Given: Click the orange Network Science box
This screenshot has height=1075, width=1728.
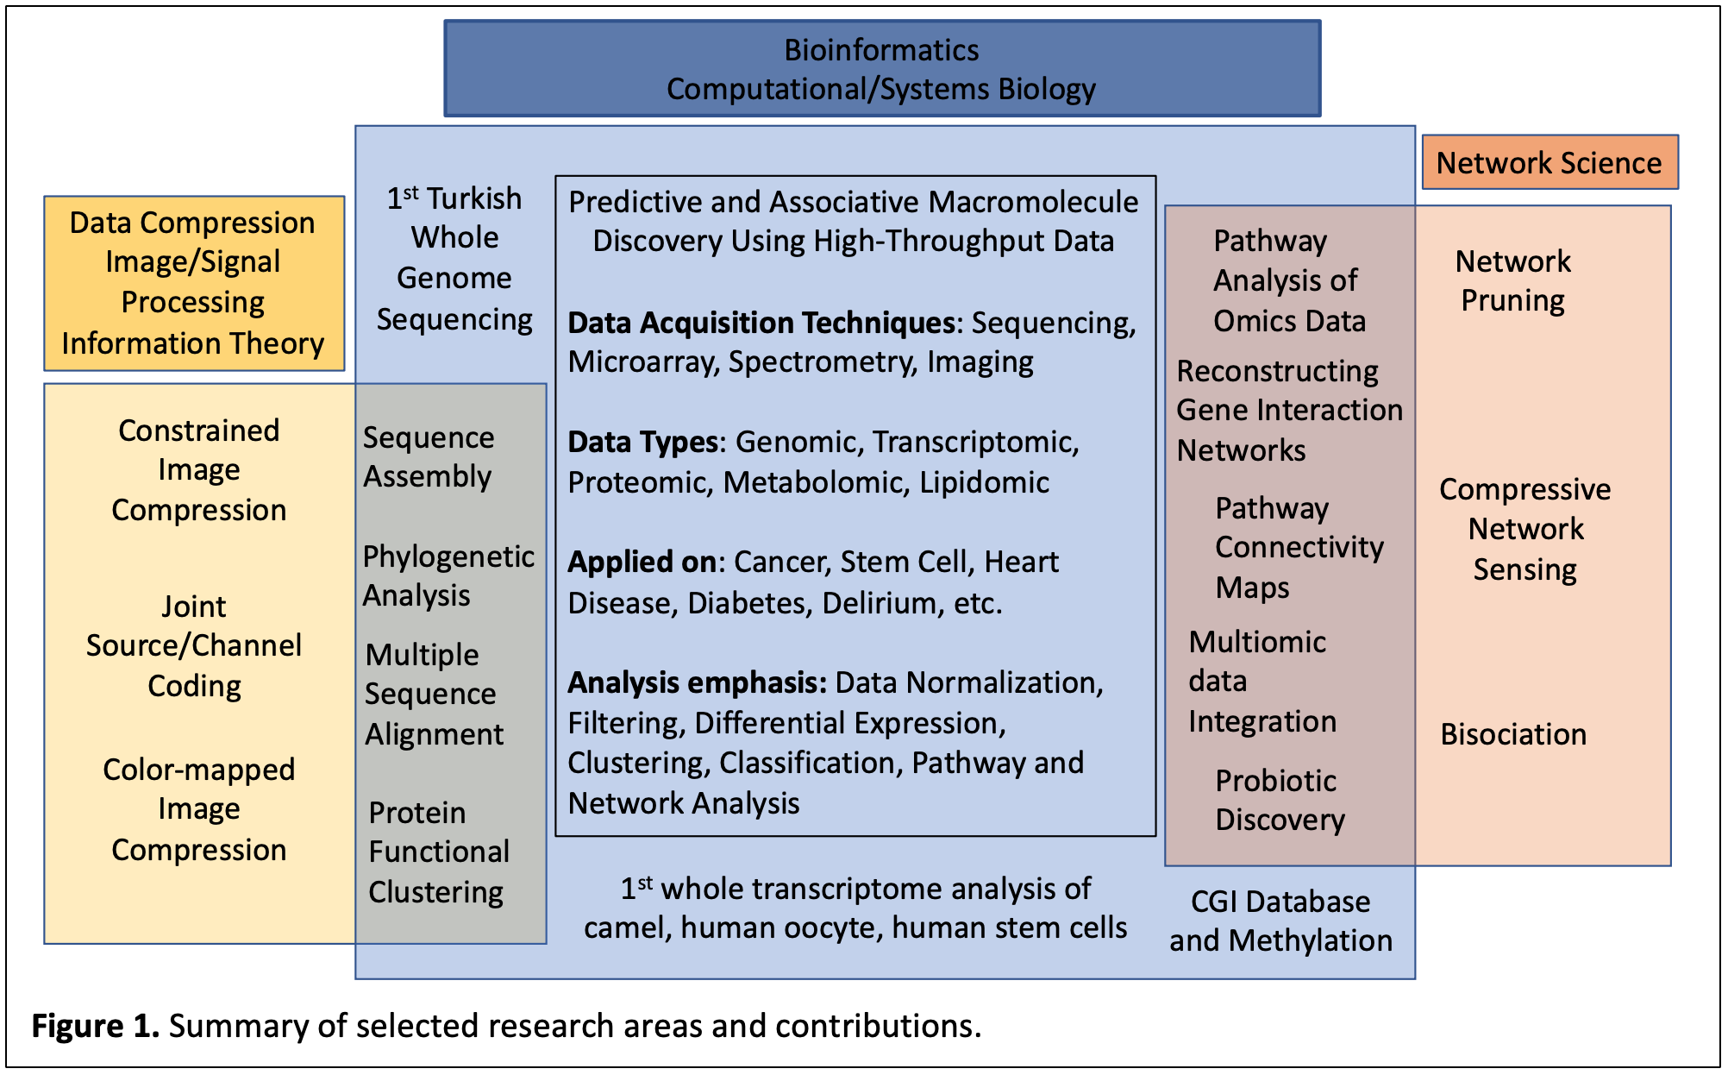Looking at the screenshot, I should pyautogui.click(x=1549, y=162).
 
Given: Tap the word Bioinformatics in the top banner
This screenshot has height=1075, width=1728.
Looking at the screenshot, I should pyautogui.click(x=881, y=50).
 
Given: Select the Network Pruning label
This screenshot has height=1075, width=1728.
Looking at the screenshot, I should pyautogui.click(x=1512, y=280).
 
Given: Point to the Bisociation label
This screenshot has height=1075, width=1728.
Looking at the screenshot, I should pyautogui.click(x=1512, y=734).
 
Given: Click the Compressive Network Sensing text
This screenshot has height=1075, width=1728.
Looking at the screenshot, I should pyautogui.click(x=1525, y=529).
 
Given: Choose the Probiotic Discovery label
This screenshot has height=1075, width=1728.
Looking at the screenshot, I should pyautogui.click(x=1279, y=800).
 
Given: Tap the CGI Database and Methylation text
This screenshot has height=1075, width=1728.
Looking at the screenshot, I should pyautogui.click(x=1280, y=921).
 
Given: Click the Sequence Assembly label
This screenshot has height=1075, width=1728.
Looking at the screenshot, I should pyautogui.click(x=428, y=456).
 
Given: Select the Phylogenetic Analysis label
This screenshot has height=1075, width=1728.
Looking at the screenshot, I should pyautogui.click(x=448, y=575).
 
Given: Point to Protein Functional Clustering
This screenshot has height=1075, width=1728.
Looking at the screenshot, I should pyautogui.click(x=438, y=852).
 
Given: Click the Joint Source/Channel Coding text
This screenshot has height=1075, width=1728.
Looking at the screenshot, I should pyautogui.click(x=194, y=645).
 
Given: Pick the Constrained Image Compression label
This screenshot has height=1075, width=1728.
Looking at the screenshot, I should pyautogui.click(x=198, y=470).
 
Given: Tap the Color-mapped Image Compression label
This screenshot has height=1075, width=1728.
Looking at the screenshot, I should pyautogui.click(x=198, y=809).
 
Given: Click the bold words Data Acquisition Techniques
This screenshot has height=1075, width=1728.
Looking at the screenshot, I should pyautogui.click(x=761, y=323).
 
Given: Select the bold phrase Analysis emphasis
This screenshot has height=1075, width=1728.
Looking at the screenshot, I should pyautogui.click(x=697, y=682).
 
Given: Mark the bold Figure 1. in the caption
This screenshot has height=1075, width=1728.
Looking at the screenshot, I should pyautogui.click(x=95, y=1026).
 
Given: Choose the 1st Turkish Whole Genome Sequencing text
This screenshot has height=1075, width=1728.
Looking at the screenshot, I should pyautogui.click(x=454, y=258).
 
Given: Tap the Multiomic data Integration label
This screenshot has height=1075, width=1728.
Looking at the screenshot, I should pyautogui.click(x=1262, y=682).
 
